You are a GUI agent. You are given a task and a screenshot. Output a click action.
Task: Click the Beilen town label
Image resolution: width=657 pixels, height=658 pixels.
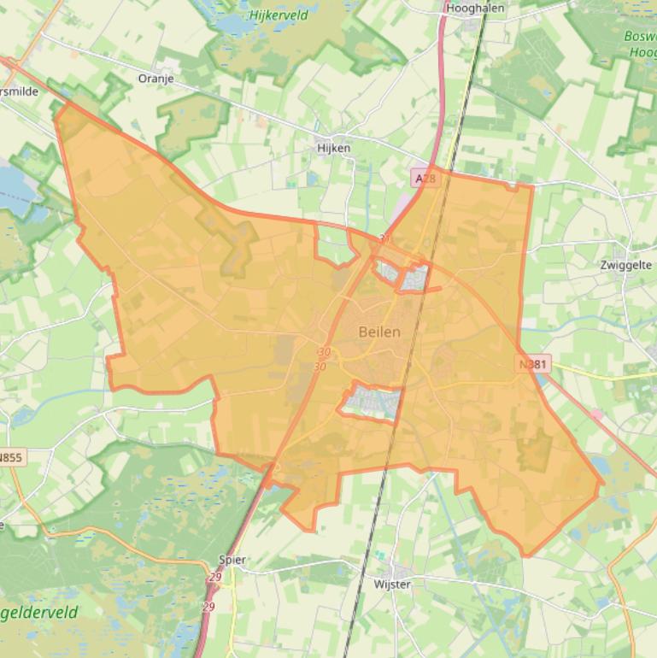[x=379, y=332]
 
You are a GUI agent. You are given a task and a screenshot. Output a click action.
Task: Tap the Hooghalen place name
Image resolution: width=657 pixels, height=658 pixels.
[x=475, y=8]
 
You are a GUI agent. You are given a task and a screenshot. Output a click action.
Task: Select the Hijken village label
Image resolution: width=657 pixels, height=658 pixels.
[x=333, y=148]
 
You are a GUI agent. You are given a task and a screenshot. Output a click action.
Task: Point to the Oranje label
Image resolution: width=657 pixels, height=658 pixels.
[x=155, y=79]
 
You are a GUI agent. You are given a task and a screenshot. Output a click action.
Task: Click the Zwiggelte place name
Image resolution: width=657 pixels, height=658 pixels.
[x=626, y=265]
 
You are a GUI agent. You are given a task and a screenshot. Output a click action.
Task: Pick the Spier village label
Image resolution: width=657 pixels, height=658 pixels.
[x=232, y=561]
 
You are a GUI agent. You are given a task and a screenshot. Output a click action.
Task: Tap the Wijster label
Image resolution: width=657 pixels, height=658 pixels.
[x=392, y=585]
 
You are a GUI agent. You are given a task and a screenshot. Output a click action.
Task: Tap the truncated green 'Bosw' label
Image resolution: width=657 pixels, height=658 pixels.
[x=641, y=38]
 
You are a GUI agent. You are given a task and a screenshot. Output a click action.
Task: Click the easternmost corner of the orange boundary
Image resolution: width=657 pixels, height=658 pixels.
[x=602, y=483]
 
